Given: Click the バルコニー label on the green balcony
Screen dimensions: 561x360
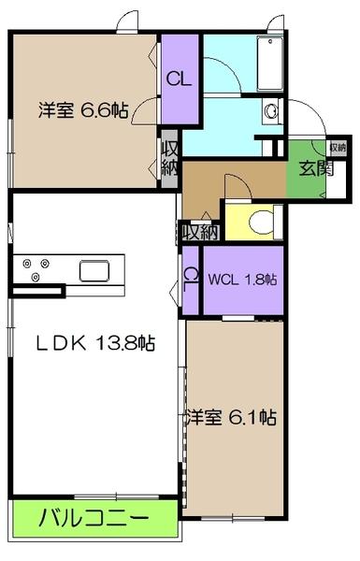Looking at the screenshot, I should pos(94,516).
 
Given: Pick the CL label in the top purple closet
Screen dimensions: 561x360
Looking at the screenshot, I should pos(179,79).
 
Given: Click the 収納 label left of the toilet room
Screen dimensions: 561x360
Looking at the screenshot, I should pos(200,232).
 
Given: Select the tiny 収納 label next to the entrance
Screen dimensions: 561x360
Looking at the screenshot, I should pos(336,147).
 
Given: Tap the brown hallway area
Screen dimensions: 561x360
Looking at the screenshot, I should pos(210,182).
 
